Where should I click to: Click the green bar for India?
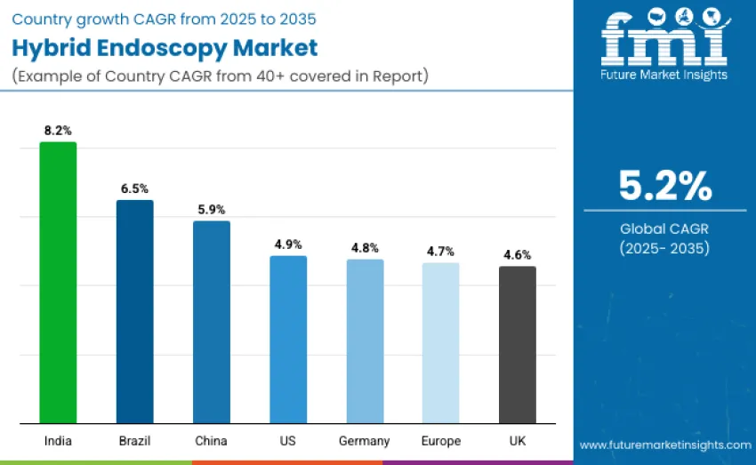click(58, 283)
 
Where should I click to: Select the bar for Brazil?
click(134, 311)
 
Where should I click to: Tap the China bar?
click(212, 322)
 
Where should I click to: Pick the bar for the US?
click(288, 340)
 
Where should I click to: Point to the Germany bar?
click(365, 341)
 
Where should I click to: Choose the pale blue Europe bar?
click(441, 343)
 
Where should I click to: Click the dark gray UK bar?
click(518, 345)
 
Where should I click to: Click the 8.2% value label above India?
click(58, 131)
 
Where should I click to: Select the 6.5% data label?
click(134, 188)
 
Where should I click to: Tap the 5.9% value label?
click(212, 210)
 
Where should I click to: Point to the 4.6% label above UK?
click(518, 254)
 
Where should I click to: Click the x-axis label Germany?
click(365, 441)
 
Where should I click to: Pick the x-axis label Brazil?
click(134, 441)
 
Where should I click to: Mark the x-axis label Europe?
click(441, 441)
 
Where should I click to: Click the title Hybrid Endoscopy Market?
click(165, 47)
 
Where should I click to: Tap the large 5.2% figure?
click(665, 186)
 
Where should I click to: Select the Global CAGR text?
click(665, 229)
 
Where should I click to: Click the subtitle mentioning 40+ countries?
click(221, 76)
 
